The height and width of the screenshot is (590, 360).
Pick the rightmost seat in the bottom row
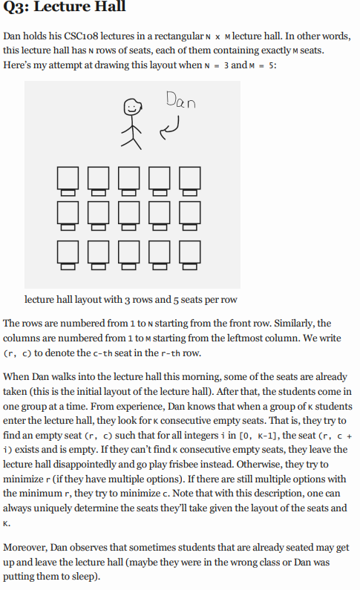(x=190, y=253)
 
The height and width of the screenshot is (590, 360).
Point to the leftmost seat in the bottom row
(x=68, y=253)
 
